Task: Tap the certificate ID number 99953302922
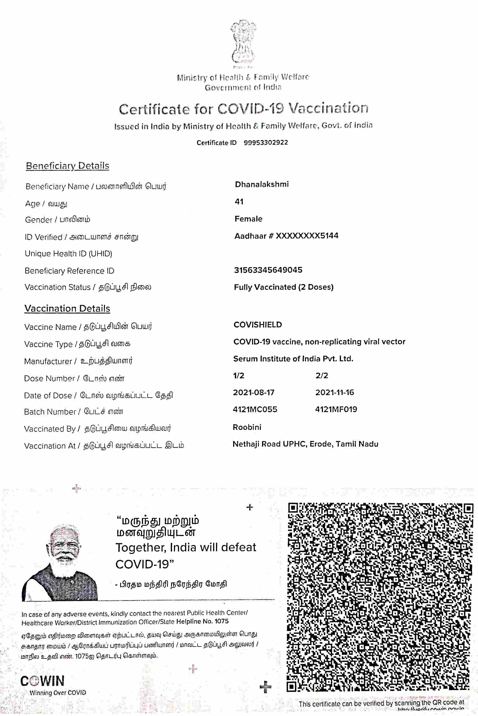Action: pyautogui.click(x=265, y=143)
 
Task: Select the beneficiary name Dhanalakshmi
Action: pyautogui.click(x=261, y=184)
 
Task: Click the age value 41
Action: pyautogui.click(x=239, y=201)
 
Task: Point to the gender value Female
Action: pyautogui.click(x=248, y=219)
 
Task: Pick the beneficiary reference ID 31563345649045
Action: pyautogui.click(x=268, y=270)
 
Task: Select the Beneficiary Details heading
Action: pyautogui.click(x=68, y=166)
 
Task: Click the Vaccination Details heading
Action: pyautogui.click(x=67, y=308)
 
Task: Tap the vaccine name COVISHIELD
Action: pyautogui.click(x=258, y=325)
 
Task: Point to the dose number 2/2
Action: pyautogui.click(x=322, y=376)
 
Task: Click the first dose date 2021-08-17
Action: pyautogui.click(x=254, y=392)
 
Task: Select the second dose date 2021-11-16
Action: pyautogui.click(x=334, y=392)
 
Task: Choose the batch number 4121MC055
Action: pyautogui.click(x=255, y=409)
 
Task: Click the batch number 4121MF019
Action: pyautogui.click(x=336, y=409)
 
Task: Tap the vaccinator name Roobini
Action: pyautogui.click(x=247, y=427)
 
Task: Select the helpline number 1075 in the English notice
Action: pyautogui.click(x=221, y=621)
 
